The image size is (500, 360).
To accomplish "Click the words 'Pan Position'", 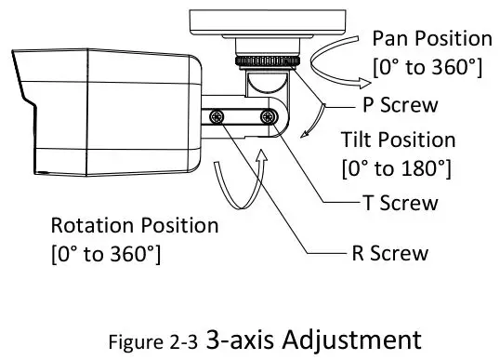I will (x=431, y=39).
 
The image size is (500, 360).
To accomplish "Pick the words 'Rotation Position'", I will (x=134, y=226).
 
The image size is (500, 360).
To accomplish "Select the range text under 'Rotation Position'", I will (x=105, y=253).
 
